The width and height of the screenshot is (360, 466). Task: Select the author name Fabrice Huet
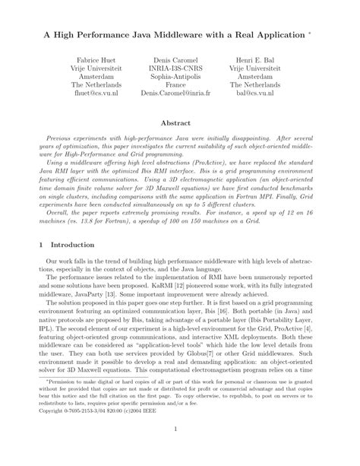click(91, 59)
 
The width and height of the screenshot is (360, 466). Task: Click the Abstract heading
click(180, 122)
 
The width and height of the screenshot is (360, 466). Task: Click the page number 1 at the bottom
click(180, 450)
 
